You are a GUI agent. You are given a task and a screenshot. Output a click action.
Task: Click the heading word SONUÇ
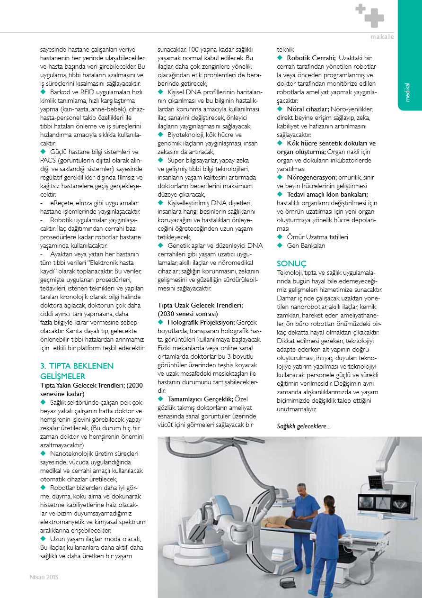pos(292,263)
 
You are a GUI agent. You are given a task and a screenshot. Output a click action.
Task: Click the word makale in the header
pos(382,37)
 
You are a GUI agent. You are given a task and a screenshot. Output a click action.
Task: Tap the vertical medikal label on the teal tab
pos(407,92)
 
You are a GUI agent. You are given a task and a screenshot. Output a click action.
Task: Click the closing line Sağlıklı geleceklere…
pos(304,426)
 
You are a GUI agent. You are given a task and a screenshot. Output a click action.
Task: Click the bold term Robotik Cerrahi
pos(311,58)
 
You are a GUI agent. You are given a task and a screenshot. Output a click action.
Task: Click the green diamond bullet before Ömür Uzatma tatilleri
pos(280,237)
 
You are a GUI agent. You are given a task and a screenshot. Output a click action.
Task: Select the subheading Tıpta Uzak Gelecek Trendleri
pos(200,305)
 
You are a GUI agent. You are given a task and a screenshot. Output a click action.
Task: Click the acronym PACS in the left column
pos(48,160)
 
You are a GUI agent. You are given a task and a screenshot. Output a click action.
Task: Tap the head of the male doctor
pos(301,489)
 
